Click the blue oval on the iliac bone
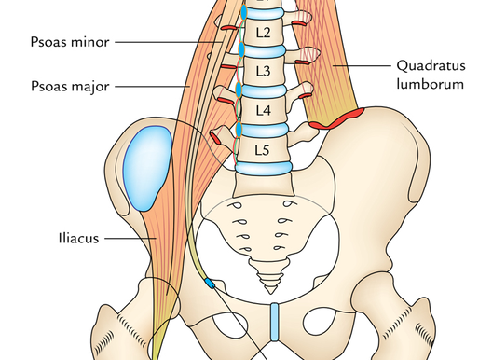point(146,169)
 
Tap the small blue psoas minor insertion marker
point(209,282)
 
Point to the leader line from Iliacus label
point(130,237)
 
